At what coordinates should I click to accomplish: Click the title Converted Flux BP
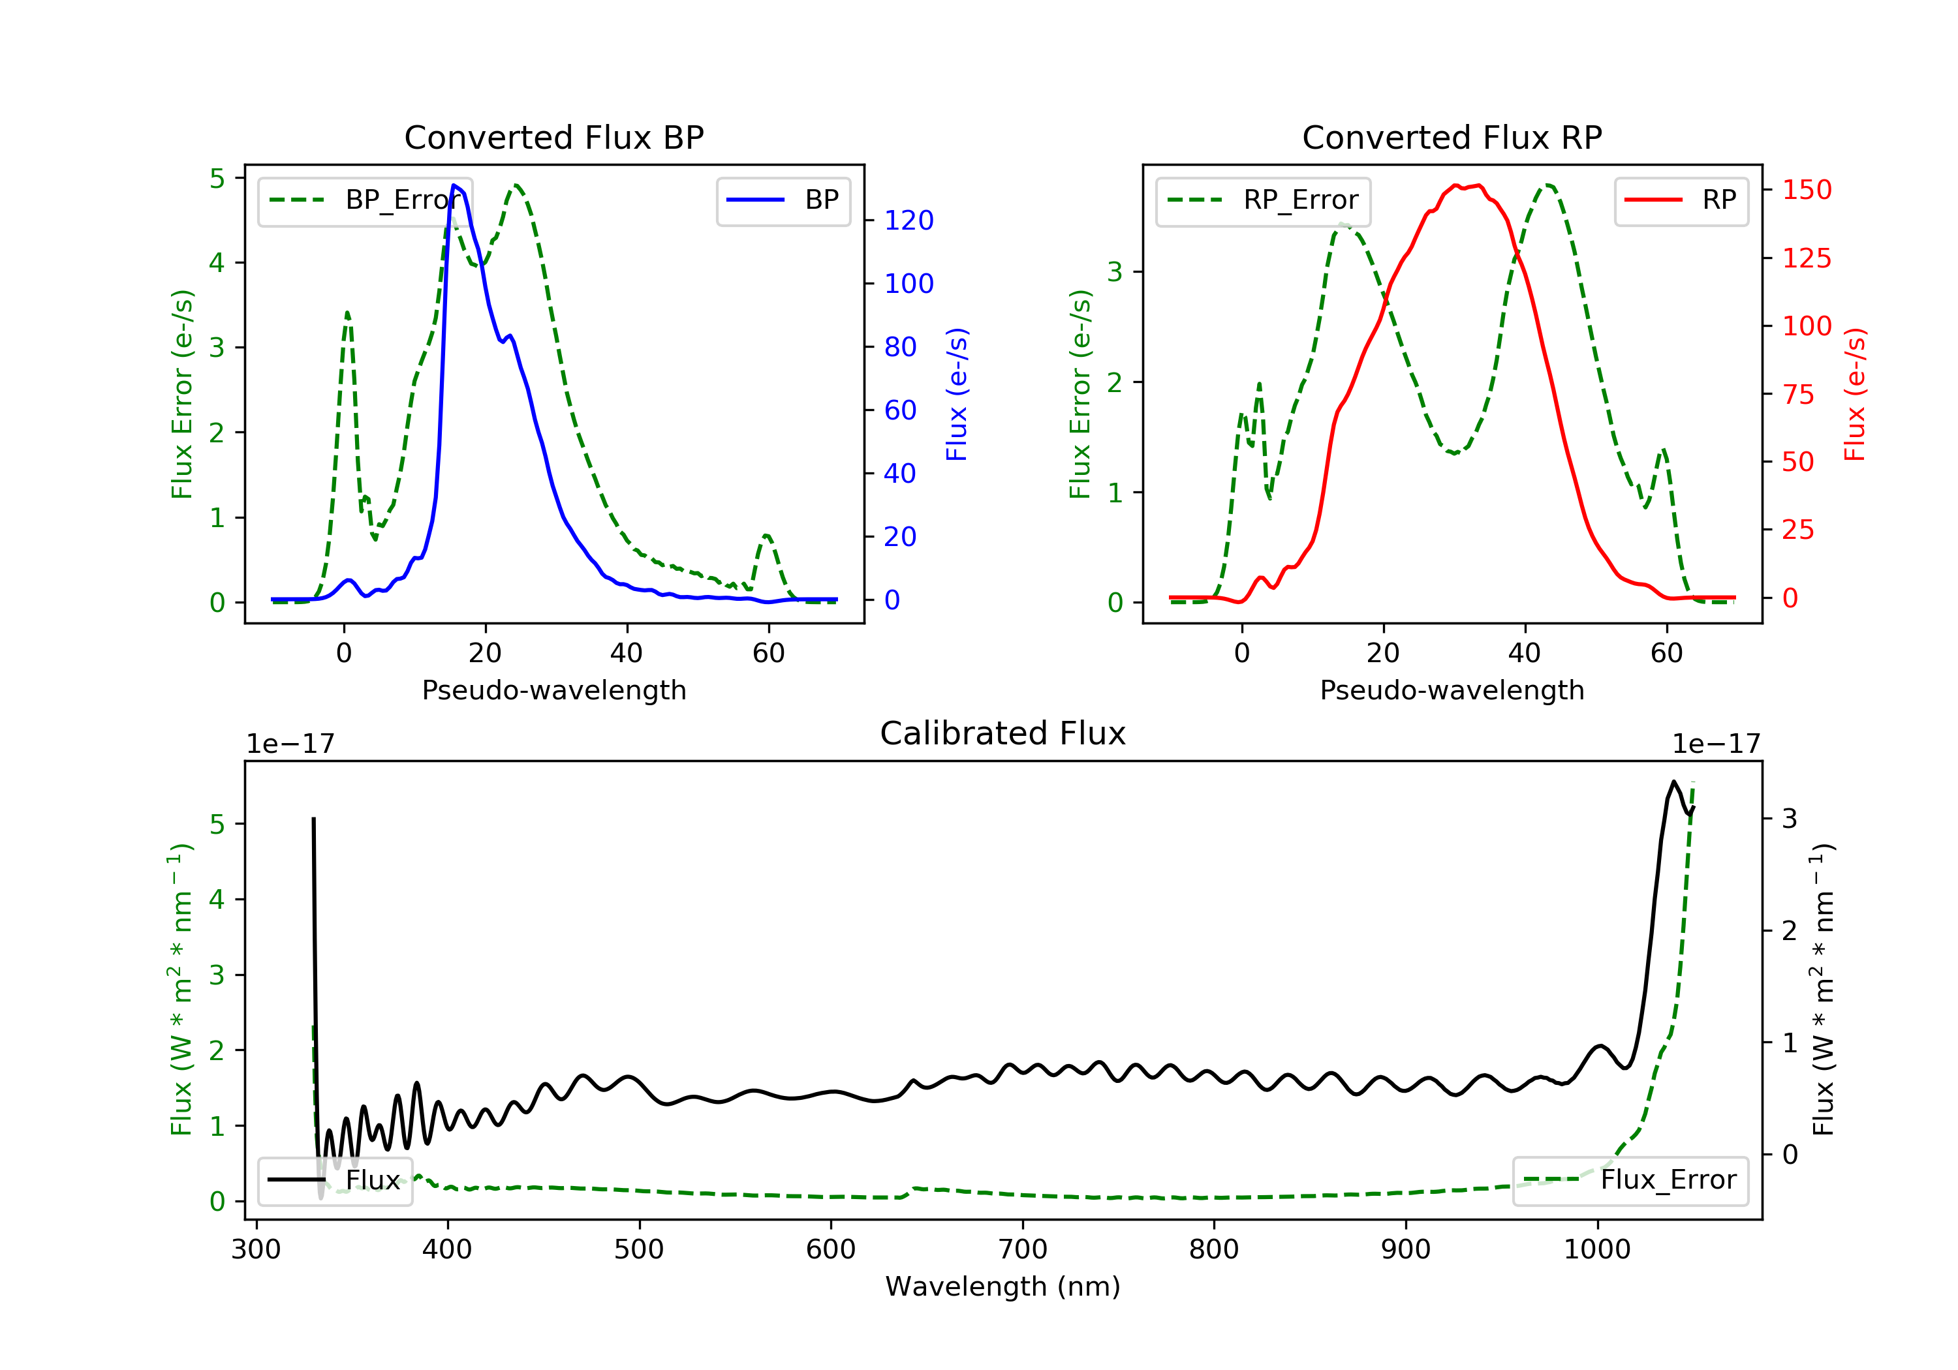[553, 137]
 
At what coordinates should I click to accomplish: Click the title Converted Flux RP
[1452, 137]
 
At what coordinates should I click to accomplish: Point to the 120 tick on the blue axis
[909, 221]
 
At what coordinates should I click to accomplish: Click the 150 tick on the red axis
[1806, 189]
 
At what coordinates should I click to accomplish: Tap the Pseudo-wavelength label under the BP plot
[553, 690]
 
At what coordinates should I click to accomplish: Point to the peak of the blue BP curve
[454, 185]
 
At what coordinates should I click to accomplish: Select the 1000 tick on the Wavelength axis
[1596, 1249]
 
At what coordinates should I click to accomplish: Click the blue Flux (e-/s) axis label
[957, 394]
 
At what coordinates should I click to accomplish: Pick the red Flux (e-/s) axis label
[1855, 394]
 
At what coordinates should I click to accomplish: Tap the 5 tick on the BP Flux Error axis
[217, 178]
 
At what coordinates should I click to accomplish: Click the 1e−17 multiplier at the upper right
[1716, 744]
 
